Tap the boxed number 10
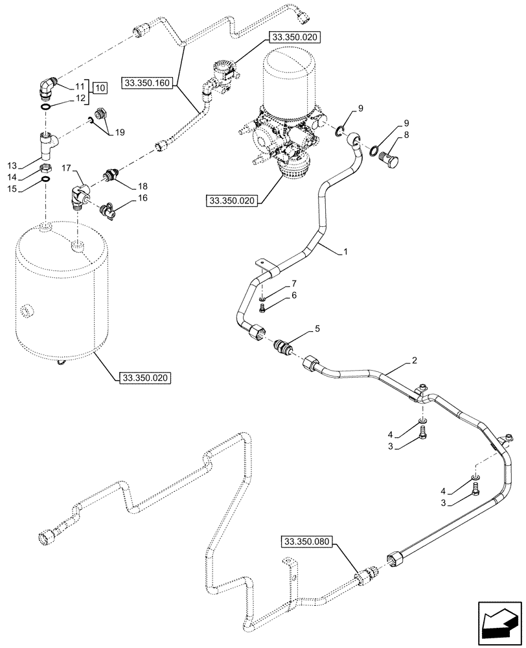99,87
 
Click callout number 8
406,135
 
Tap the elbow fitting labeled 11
47,87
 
